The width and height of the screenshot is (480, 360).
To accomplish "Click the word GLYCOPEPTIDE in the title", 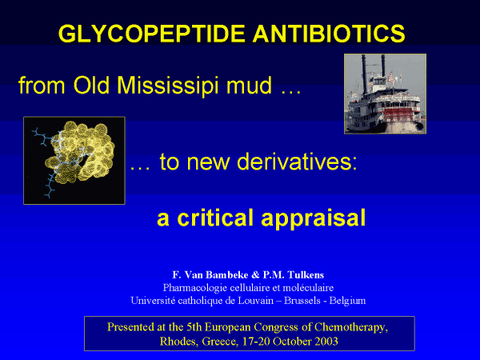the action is (151, 34).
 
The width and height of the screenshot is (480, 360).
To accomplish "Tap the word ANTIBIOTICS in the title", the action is (329, 34).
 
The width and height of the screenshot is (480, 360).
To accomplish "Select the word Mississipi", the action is (168, 86).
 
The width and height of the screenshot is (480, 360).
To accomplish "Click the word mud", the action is (249, 86).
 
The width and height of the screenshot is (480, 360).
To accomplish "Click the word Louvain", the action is (256, 301).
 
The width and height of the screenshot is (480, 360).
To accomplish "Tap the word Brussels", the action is (302, 301).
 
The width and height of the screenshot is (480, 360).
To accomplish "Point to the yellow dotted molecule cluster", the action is (80, 152).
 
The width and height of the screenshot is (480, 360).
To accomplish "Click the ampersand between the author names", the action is (256, 275).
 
